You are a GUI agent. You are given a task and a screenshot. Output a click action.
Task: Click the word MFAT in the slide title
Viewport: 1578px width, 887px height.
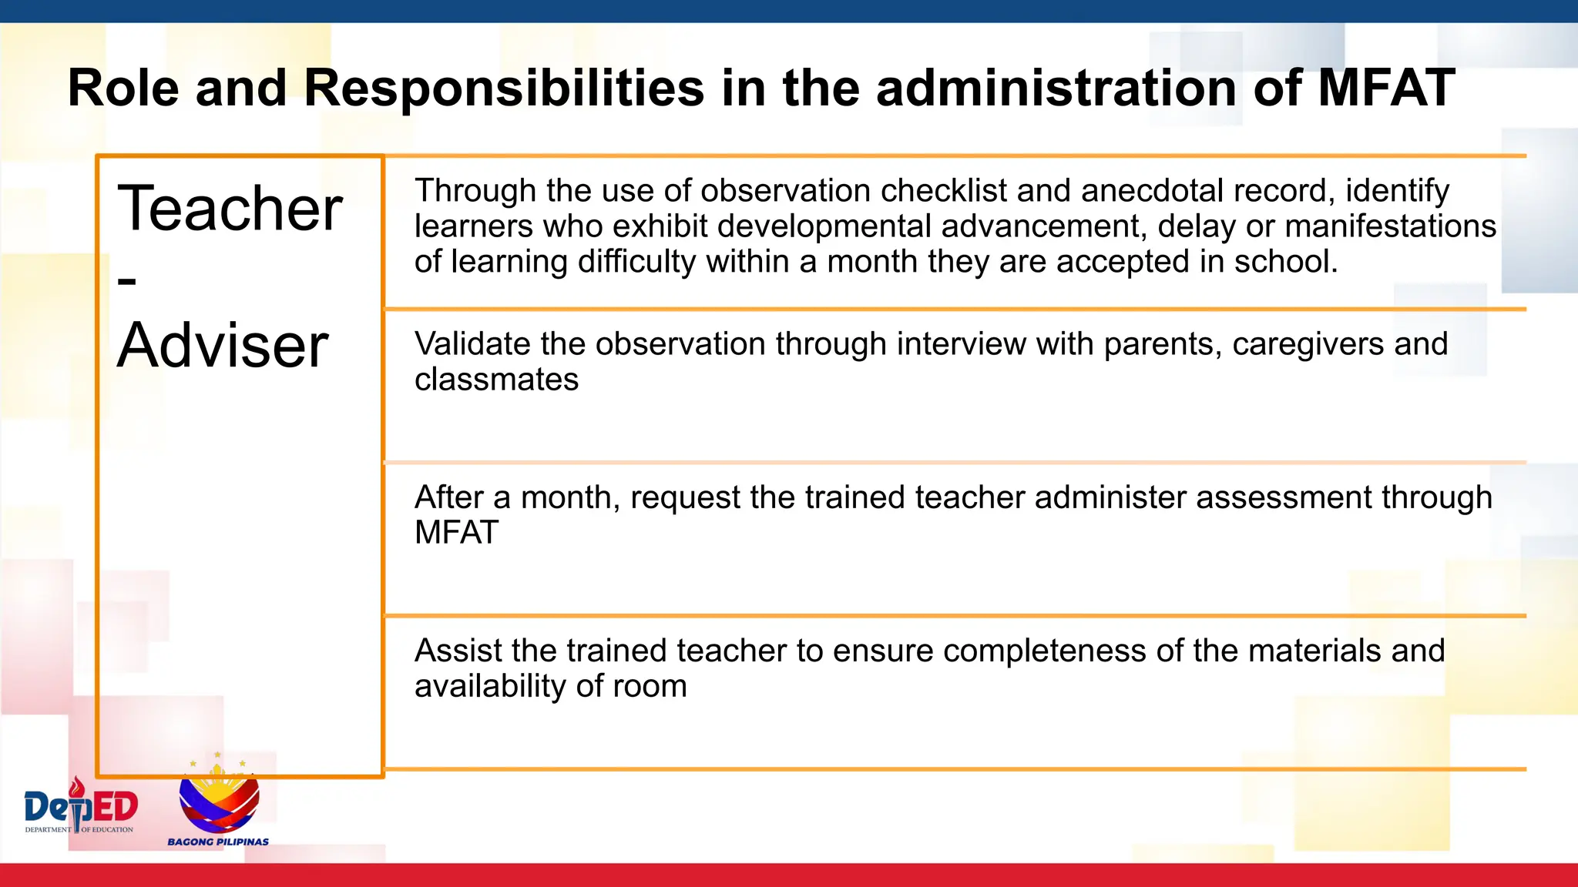pyautogui.click(x=1385, y=88)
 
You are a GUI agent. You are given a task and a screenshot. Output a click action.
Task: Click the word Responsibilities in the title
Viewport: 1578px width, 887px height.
pyautogui.click(x=504, y=88)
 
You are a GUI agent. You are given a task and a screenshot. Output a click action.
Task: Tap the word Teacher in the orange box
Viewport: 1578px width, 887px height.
pyautogui.click(x=230, y=209)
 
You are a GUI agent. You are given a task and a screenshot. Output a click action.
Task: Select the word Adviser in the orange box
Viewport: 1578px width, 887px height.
pyautogui.click(x=223, y=346)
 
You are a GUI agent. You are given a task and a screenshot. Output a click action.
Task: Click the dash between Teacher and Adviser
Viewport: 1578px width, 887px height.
pyautogui.click(x=127, y=280)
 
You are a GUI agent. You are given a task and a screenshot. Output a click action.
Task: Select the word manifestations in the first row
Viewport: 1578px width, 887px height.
pyautogui.click(x=1390, y=226)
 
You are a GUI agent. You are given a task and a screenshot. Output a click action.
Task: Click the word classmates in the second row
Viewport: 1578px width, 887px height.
pyautogui.click(x=496, y=380)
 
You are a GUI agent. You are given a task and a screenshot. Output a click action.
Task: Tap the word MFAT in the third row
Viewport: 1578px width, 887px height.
pyautogui.click(x=456, y=533)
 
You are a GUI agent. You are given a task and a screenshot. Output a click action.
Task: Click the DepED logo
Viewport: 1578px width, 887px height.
pyautogui.click(x=81, y=807)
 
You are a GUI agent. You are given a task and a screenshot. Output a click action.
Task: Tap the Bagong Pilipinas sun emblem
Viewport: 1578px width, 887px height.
pyautogui.click(x=219, y=797)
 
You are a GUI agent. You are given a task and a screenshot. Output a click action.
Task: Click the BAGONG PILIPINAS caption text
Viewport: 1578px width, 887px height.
pyautogui.click(x=218, y=842)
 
